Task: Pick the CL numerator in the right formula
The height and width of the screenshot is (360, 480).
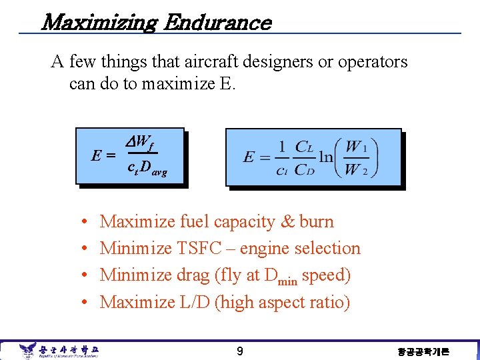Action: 303,146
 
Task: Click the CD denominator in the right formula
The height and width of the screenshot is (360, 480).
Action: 303,169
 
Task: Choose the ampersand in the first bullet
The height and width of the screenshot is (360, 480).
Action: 287,221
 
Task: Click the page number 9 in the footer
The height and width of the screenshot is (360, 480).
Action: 241,351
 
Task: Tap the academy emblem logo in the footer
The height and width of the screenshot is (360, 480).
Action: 27,350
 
